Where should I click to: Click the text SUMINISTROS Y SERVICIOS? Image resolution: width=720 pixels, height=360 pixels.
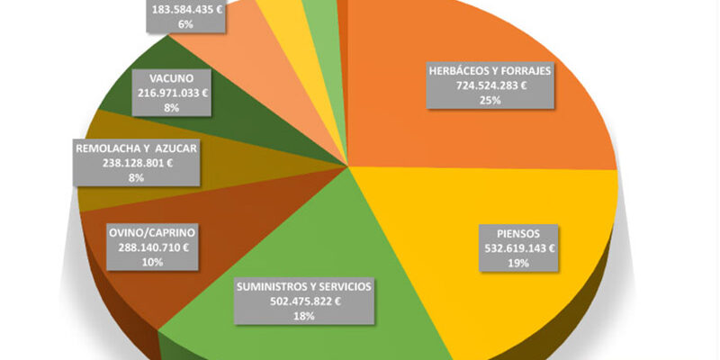(302, 287)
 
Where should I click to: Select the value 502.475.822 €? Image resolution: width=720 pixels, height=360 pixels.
(302, 301)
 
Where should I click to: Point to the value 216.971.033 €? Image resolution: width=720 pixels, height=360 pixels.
(172, 92)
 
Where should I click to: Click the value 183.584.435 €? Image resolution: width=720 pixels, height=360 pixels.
(186, 9)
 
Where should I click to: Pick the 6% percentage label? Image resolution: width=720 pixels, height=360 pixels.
(186, 23)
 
